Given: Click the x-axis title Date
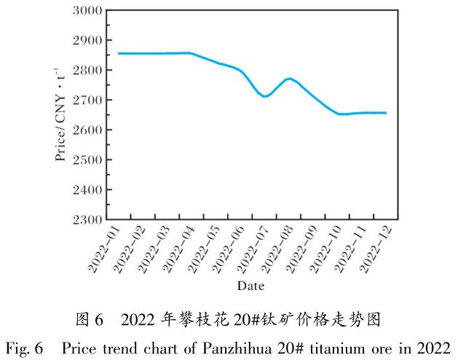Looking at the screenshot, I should tap(250, 285).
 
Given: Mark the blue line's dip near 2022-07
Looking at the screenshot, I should tap(264, 96).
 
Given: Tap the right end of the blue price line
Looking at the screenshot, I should tap(386, 113).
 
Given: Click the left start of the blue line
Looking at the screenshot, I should tap(119, 53).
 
